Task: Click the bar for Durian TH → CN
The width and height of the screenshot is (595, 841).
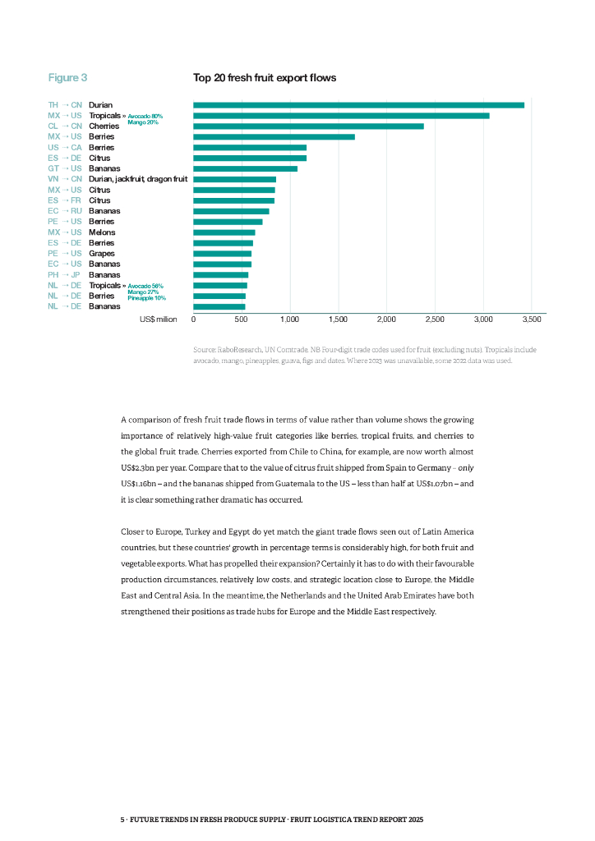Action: (x=358, y=105)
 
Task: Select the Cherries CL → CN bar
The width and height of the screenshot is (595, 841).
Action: (x=308, y=126)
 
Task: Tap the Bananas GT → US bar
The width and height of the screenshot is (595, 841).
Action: (x=245, y=168)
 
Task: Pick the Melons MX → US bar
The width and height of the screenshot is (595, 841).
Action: (x=224, y=232)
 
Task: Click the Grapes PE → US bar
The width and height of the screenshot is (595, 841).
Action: (x=222, y=254)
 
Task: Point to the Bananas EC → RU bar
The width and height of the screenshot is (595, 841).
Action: (x=231, y=211)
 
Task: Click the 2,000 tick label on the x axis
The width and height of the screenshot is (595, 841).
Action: (x=386, y=318)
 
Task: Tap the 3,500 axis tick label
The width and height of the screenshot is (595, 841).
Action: (x=531, y=318)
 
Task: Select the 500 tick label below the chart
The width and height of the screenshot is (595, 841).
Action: (x=241, y=318)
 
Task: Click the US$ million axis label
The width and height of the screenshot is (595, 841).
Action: (x=158, y=318)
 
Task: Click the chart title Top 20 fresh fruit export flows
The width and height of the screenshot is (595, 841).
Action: (x=265, y=78)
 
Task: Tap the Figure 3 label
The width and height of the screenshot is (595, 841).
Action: (x=67, y=78)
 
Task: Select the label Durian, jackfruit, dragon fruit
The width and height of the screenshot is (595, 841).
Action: (x=138, y=179)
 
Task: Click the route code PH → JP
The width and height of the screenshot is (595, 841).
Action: (x=65, y=275)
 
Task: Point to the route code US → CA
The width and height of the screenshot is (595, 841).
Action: (x=65, y=147)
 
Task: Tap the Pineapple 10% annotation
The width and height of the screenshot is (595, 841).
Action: (x=146, y=297)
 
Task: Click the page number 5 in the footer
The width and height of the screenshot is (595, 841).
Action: (x=122, y=820)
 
